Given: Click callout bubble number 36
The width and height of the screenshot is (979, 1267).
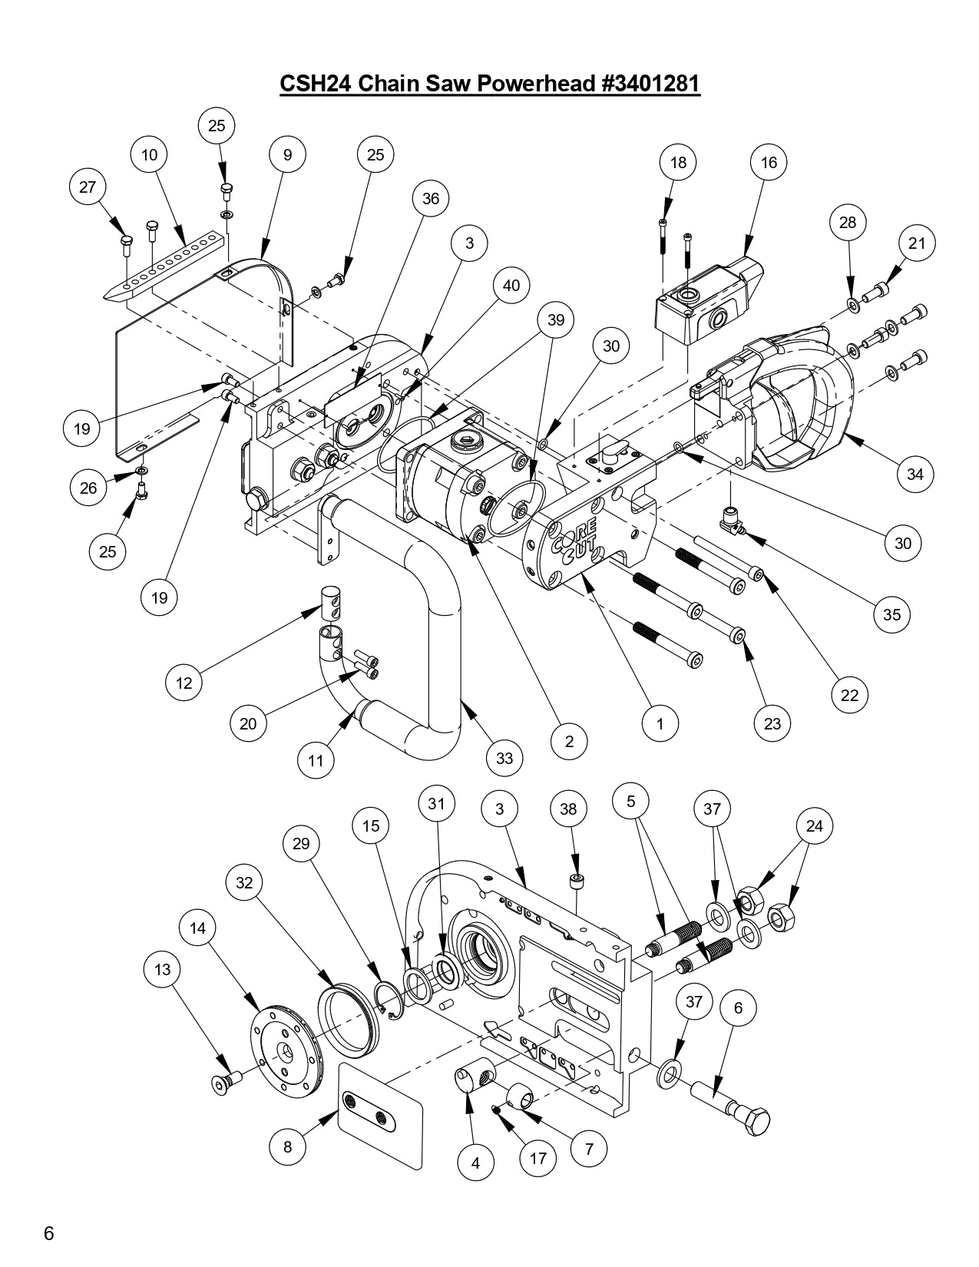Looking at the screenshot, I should tap(431, 198).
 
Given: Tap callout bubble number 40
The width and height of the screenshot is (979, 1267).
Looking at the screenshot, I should tap(511, 286).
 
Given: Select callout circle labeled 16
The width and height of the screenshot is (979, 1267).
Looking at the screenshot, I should tap(769, 162).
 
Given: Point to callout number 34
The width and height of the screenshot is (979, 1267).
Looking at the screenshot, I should tap(915, 474).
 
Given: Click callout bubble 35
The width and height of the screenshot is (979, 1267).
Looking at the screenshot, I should tap(891, 614).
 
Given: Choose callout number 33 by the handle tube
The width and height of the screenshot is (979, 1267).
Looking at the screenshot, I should tap(504, 759).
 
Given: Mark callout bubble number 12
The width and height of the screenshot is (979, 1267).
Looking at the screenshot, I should tap(184, 682).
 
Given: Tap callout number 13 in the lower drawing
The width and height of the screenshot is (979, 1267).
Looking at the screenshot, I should tap(162, 970).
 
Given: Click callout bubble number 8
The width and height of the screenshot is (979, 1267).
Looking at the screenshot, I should tap(287, 1147).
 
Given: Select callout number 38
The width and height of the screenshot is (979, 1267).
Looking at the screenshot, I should tap(568, 809).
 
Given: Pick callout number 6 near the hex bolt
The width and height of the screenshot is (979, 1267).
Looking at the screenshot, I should tap(739, 1007).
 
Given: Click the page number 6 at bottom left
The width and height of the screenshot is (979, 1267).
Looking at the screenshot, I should tap(48, 1234).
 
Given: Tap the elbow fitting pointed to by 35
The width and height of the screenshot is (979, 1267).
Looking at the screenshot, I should tap(733, 522).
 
